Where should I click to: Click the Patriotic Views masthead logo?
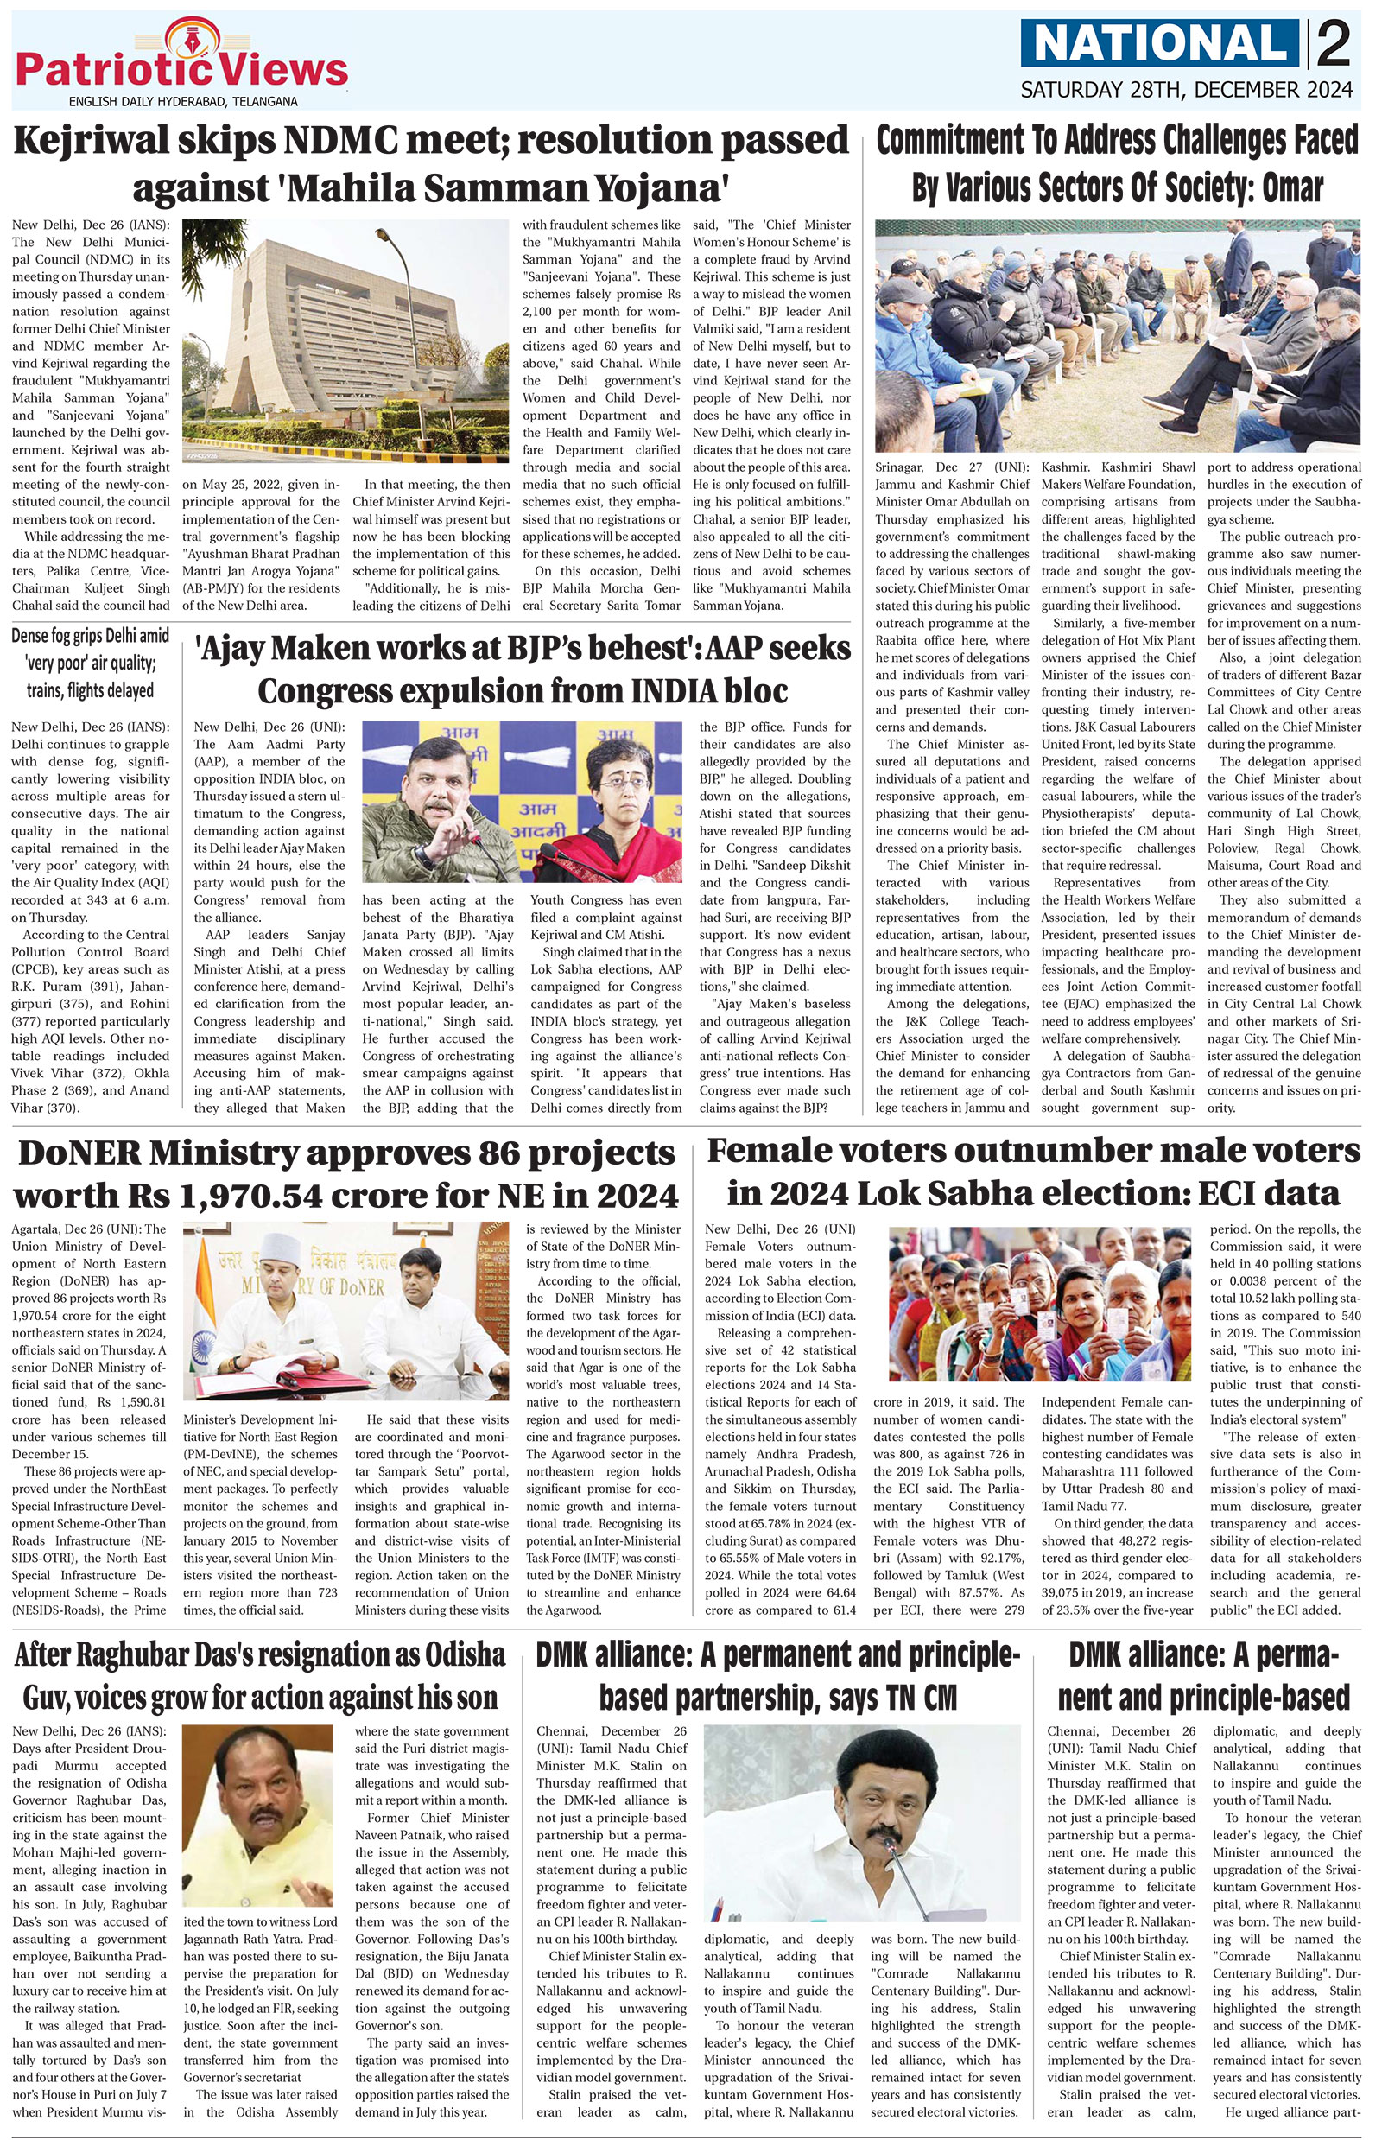pyautogui.click(x=181, y=63)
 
